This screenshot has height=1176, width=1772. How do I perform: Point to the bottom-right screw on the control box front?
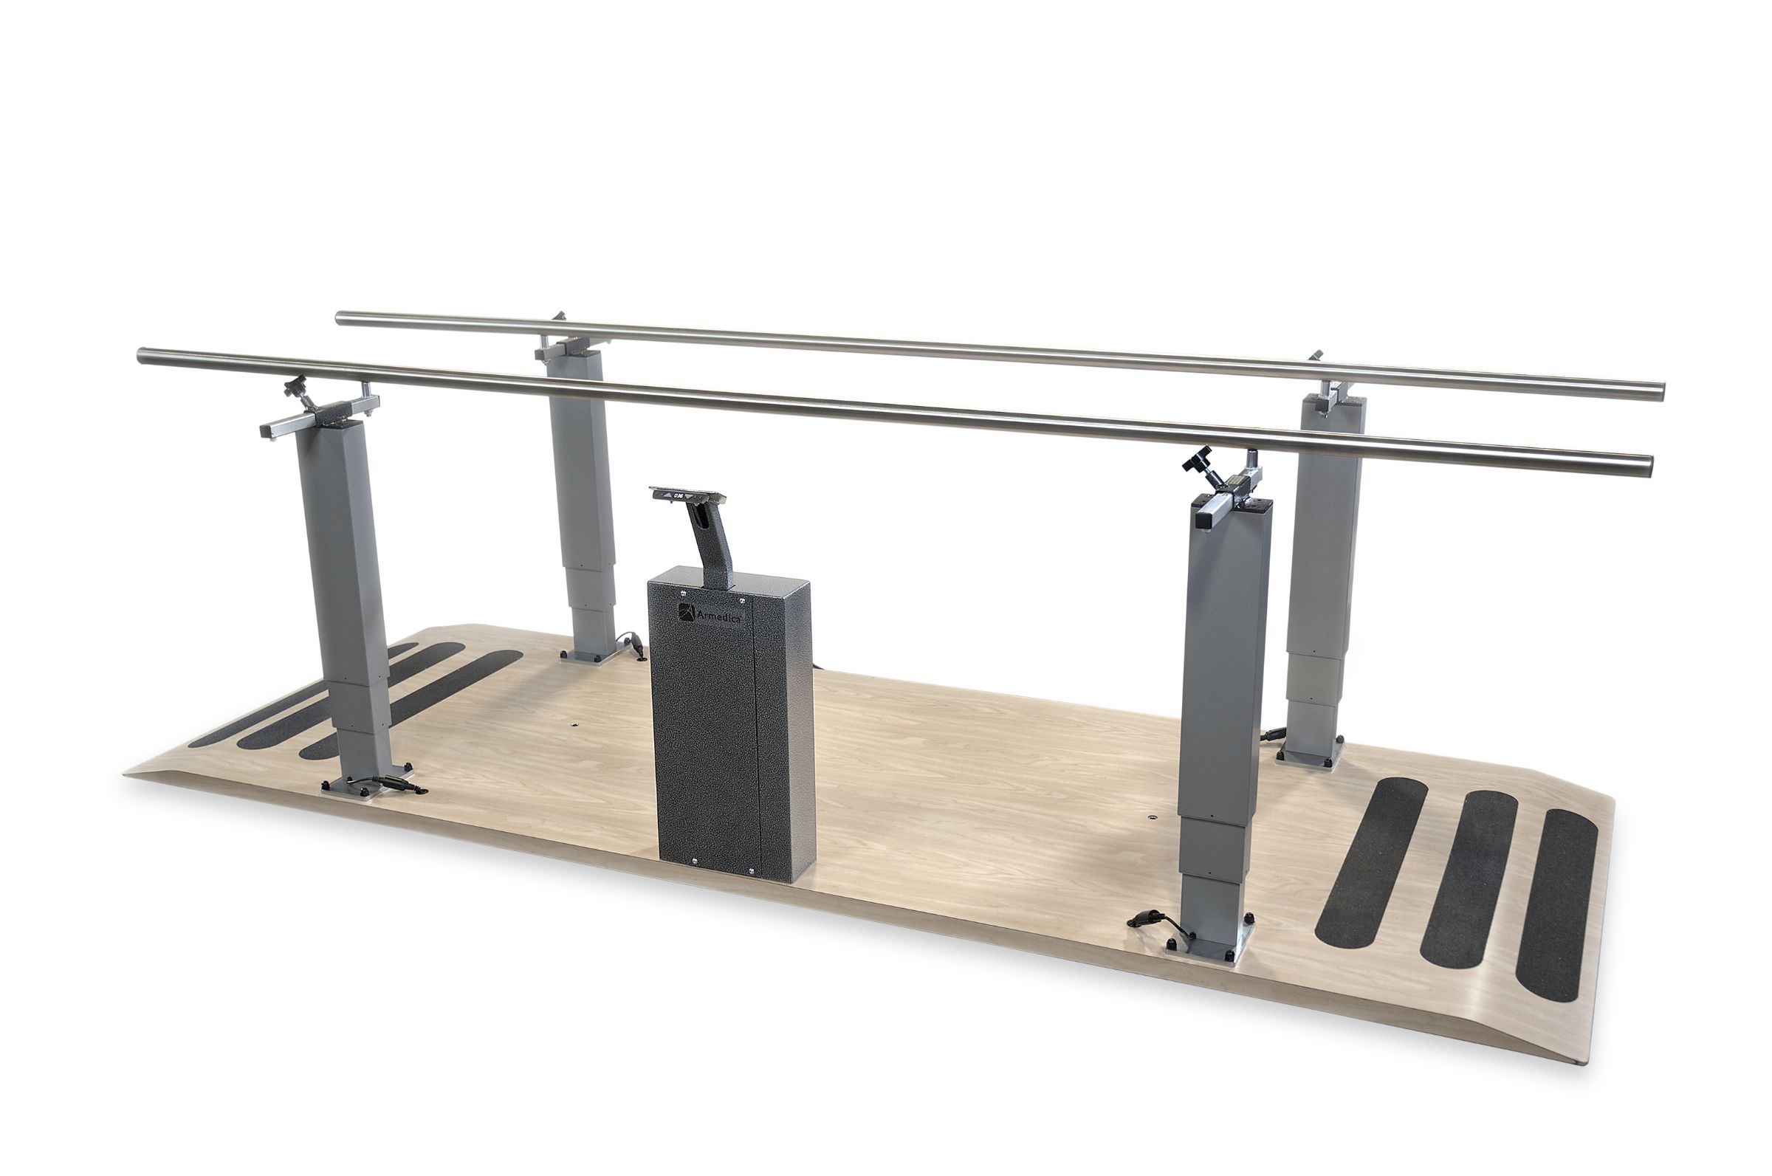752,871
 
